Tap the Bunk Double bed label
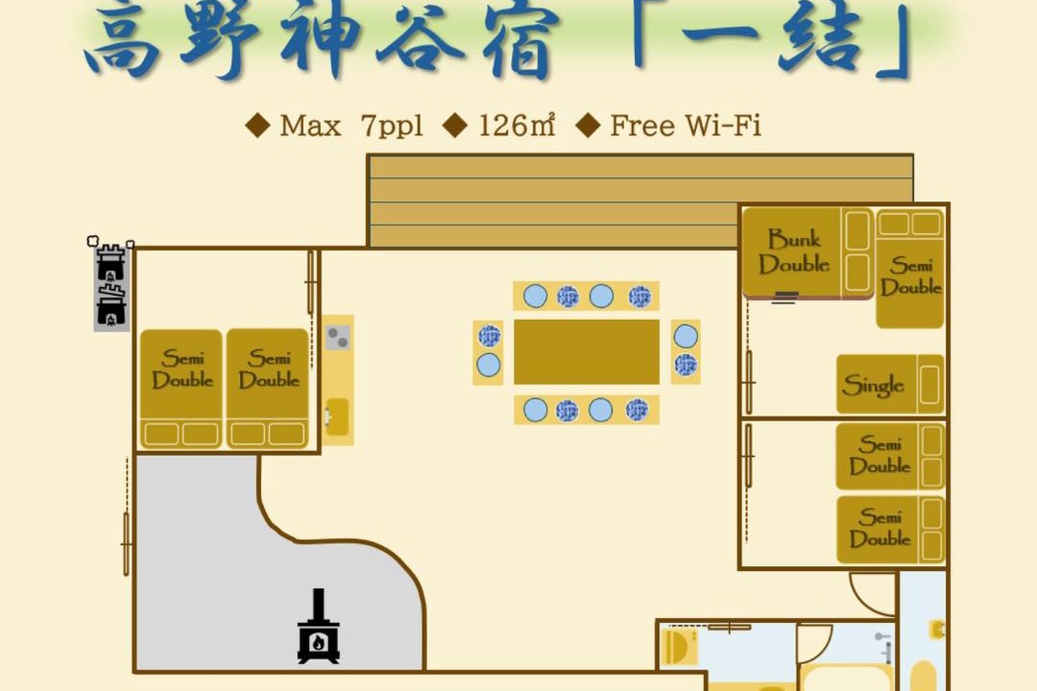click(794, 252)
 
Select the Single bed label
click(873, 385)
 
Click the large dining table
click(586, 352)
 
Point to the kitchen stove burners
click(338, 338)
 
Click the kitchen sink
click(337, 417)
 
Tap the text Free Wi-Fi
click(686, 126)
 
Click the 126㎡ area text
click(517, 126)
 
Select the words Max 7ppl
click(350, 127)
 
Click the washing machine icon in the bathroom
click(679, 647)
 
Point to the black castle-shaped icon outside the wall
click(111, 285)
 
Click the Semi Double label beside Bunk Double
click(910, 276)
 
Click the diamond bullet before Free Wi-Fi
click(588, 126)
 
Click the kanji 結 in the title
click(818, 38)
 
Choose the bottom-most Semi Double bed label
click(880, 528)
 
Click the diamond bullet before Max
click(257, 126)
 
